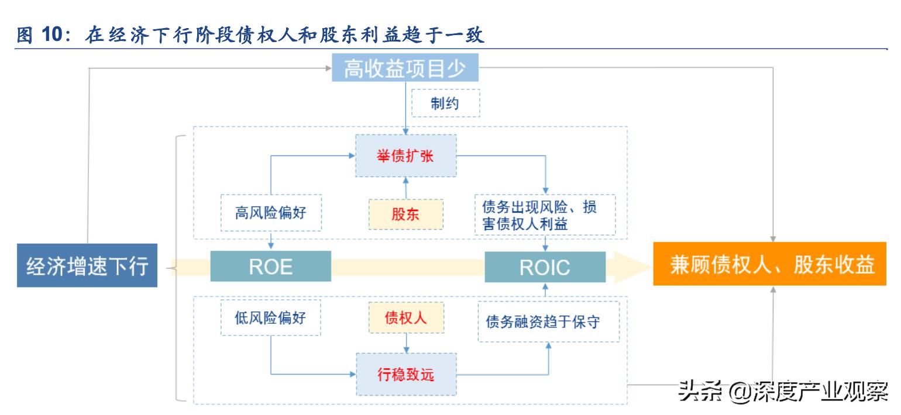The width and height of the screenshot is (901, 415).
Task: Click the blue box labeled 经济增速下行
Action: (x=87, y=265)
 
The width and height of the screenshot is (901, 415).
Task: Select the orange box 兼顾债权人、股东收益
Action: (x=770, y=265)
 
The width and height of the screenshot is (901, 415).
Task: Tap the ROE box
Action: (x=270, y=267)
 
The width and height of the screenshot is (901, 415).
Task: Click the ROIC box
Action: (x=545, y=267)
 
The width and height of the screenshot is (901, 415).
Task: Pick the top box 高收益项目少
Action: (x=404, y=70)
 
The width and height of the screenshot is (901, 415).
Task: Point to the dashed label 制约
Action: (x=445, y=103)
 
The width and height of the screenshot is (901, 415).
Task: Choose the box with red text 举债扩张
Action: (x=405, y=156)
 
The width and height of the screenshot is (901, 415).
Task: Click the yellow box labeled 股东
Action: (x=405, y=214)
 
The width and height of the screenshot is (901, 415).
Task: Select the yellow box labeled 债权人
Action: (x=405, y=317)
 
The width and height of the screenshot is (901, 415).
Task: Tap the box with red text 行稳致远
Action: (x=405, y=375)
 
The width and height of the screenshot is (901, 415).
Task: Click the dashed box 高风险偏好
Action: (x=270, y=214)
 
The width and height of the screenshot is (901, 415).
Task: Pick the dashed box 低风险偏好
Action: (x=270, y=318)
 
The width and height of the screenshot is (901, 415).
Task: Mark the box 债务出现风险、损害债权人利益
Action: (x=545, y=214)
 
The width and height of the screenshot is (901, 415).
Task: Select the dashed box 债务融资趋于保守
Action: (x=548, y=321)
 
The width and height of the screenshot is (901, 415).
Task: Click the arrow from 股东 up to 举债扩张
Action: (x=405, y=187)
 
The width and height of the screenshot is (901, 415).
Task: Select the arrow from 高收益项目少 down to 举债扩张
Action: (x=405, y=108)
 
